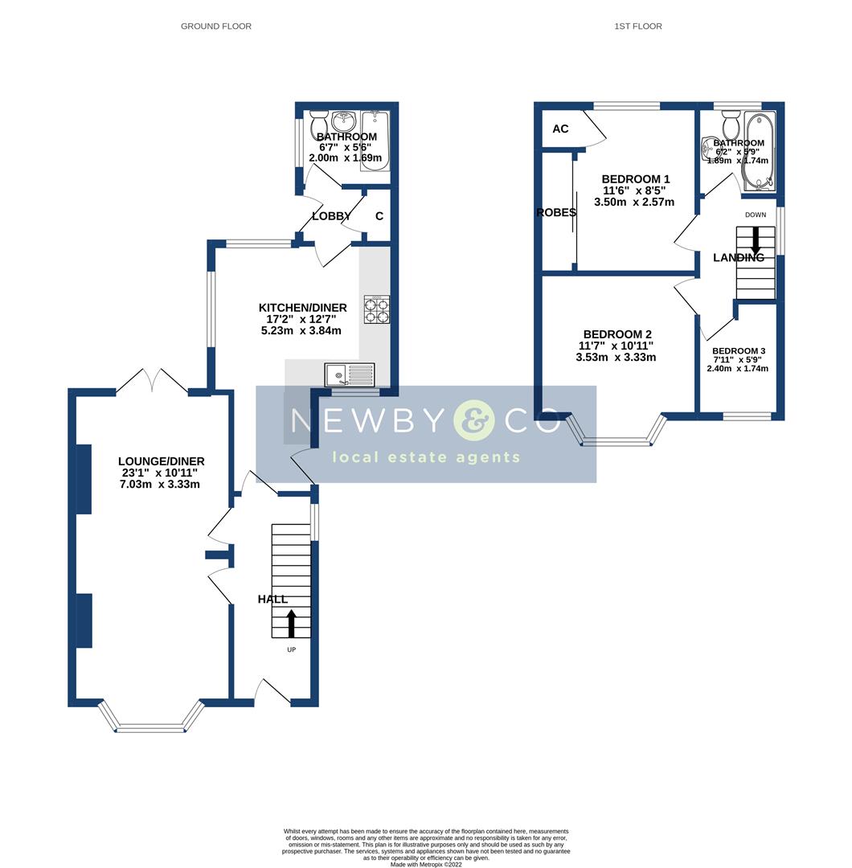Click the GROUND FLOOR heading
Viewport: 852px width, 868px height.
pos(215,27)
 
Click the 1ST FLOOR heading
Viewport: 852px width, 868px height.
pos(637,27)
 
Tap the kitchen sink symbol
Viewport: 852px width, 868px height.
pos(350,375)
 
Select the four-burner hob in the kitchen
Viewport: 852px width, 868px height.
pos(377,309)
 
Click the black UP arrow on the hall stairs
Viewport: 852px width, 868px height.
pos(291,623)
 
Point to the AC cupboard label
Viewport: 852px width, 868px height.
pos(560,129)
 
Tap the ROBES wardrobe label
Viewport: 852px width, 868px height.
pos(557,213)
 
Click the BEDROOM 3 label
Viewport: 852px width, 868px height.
pos(739,351)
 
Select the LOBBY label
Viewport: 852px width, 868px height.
pos(331,216)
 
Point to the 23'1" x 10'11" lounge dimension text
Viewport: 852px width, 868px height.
pos(161,473)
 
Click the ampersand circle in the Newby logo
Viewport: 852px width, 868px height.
pos(473,420)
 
